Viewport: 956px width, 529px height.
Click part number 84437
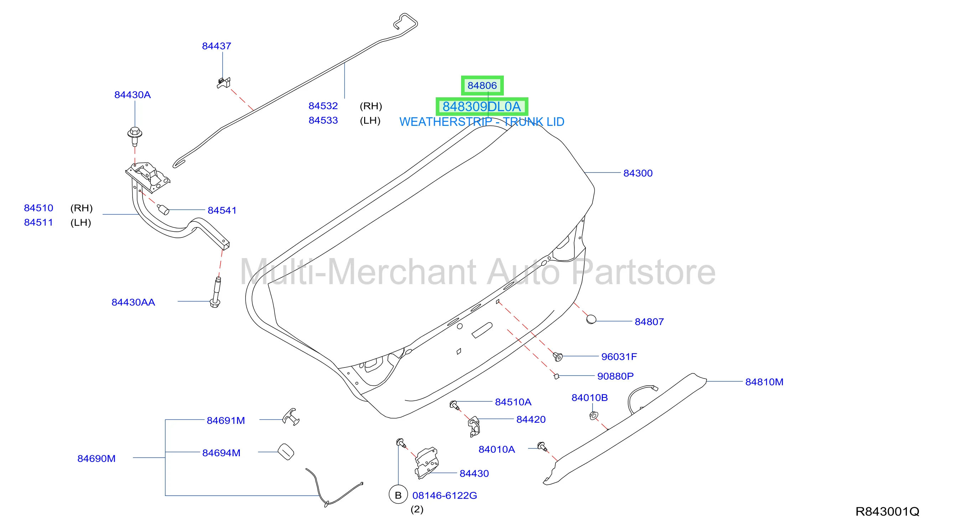(x=216, y=46)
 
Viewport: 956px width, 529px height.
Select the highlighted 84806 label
(x=482, y=86)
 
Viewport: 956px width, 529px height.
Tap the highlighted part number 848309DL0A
(x=482, y=107)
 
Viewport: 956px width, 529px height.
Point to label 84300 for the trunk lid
(x=637, y=173)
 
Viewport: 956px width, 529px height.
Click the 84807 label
(x=649, y=322)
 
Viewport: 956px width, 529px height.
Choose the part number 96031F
(x=619, y=356)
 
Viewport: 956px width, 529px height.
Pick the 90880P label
(x=615, y=376)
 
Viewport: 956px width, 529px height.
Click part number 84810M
(x=764, y=382)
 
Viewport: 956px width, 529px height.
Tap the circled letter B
(x=398, y=495)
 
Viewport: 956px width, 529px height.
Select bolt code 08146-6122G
(x=445, y=495)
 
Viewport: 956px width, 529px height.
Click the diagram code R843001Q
(x=887, y=512)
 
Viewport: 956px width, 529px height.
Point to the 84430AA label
(x=133, y=302)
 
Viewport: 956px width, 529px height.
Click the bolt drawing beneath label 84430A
(x=135, y=137)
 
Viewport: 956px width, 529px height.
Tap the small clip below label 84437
(x=224, y=83)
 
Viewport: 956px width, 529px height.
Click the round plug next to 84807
(x=591, y=319)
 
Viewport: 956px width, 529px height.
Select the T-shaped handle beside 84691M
(x=291, y=417)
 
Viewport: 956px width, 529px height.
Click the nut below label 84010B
(x=594, y=416)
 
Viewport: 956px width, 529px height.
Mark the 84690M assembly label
(x=97, y=458)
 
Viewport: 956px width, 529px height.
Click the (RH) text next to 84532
(x=371, y=106)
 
